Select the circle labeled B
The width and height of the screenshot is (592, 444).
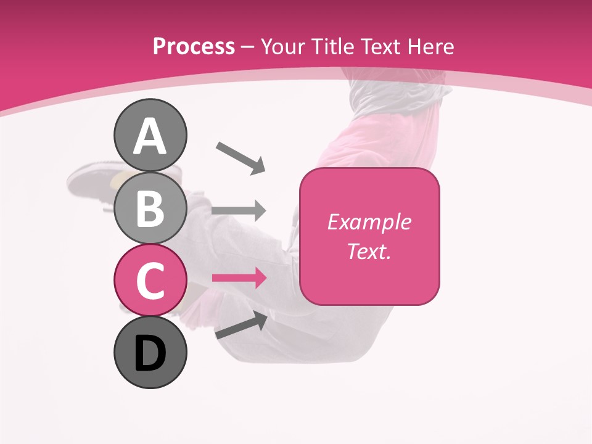(x=150, y=208)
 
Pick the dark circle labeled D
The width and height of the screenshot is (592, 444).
(x=150, y=352)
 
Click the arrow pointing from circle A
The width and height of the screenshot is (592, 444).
(x=240, y=157)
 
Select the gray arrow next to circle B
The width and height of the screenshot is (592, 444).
(x=239, y=211)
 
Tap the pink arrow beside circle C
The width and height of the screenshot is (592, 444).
(x=239, y=279)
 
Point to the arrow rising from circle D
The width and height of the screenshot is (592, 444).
(x=241, y=326)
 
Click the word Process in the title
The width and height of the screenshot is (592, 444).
(x=194, y=46)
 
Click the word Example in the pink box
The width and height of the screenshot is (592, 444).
(x=369, y=222)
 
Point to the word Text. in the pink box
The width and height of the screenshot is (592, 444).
(x=369, y=251)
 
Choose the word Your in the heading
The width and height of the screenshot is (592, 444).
(x=284, y=46)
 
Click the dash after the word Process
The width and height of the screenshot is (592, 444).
(x=247, y=47)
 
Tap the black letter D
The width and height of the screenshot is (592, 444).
(x=150, y=353)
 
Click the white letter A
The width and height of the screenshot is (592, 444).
(x=150, y=136)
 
